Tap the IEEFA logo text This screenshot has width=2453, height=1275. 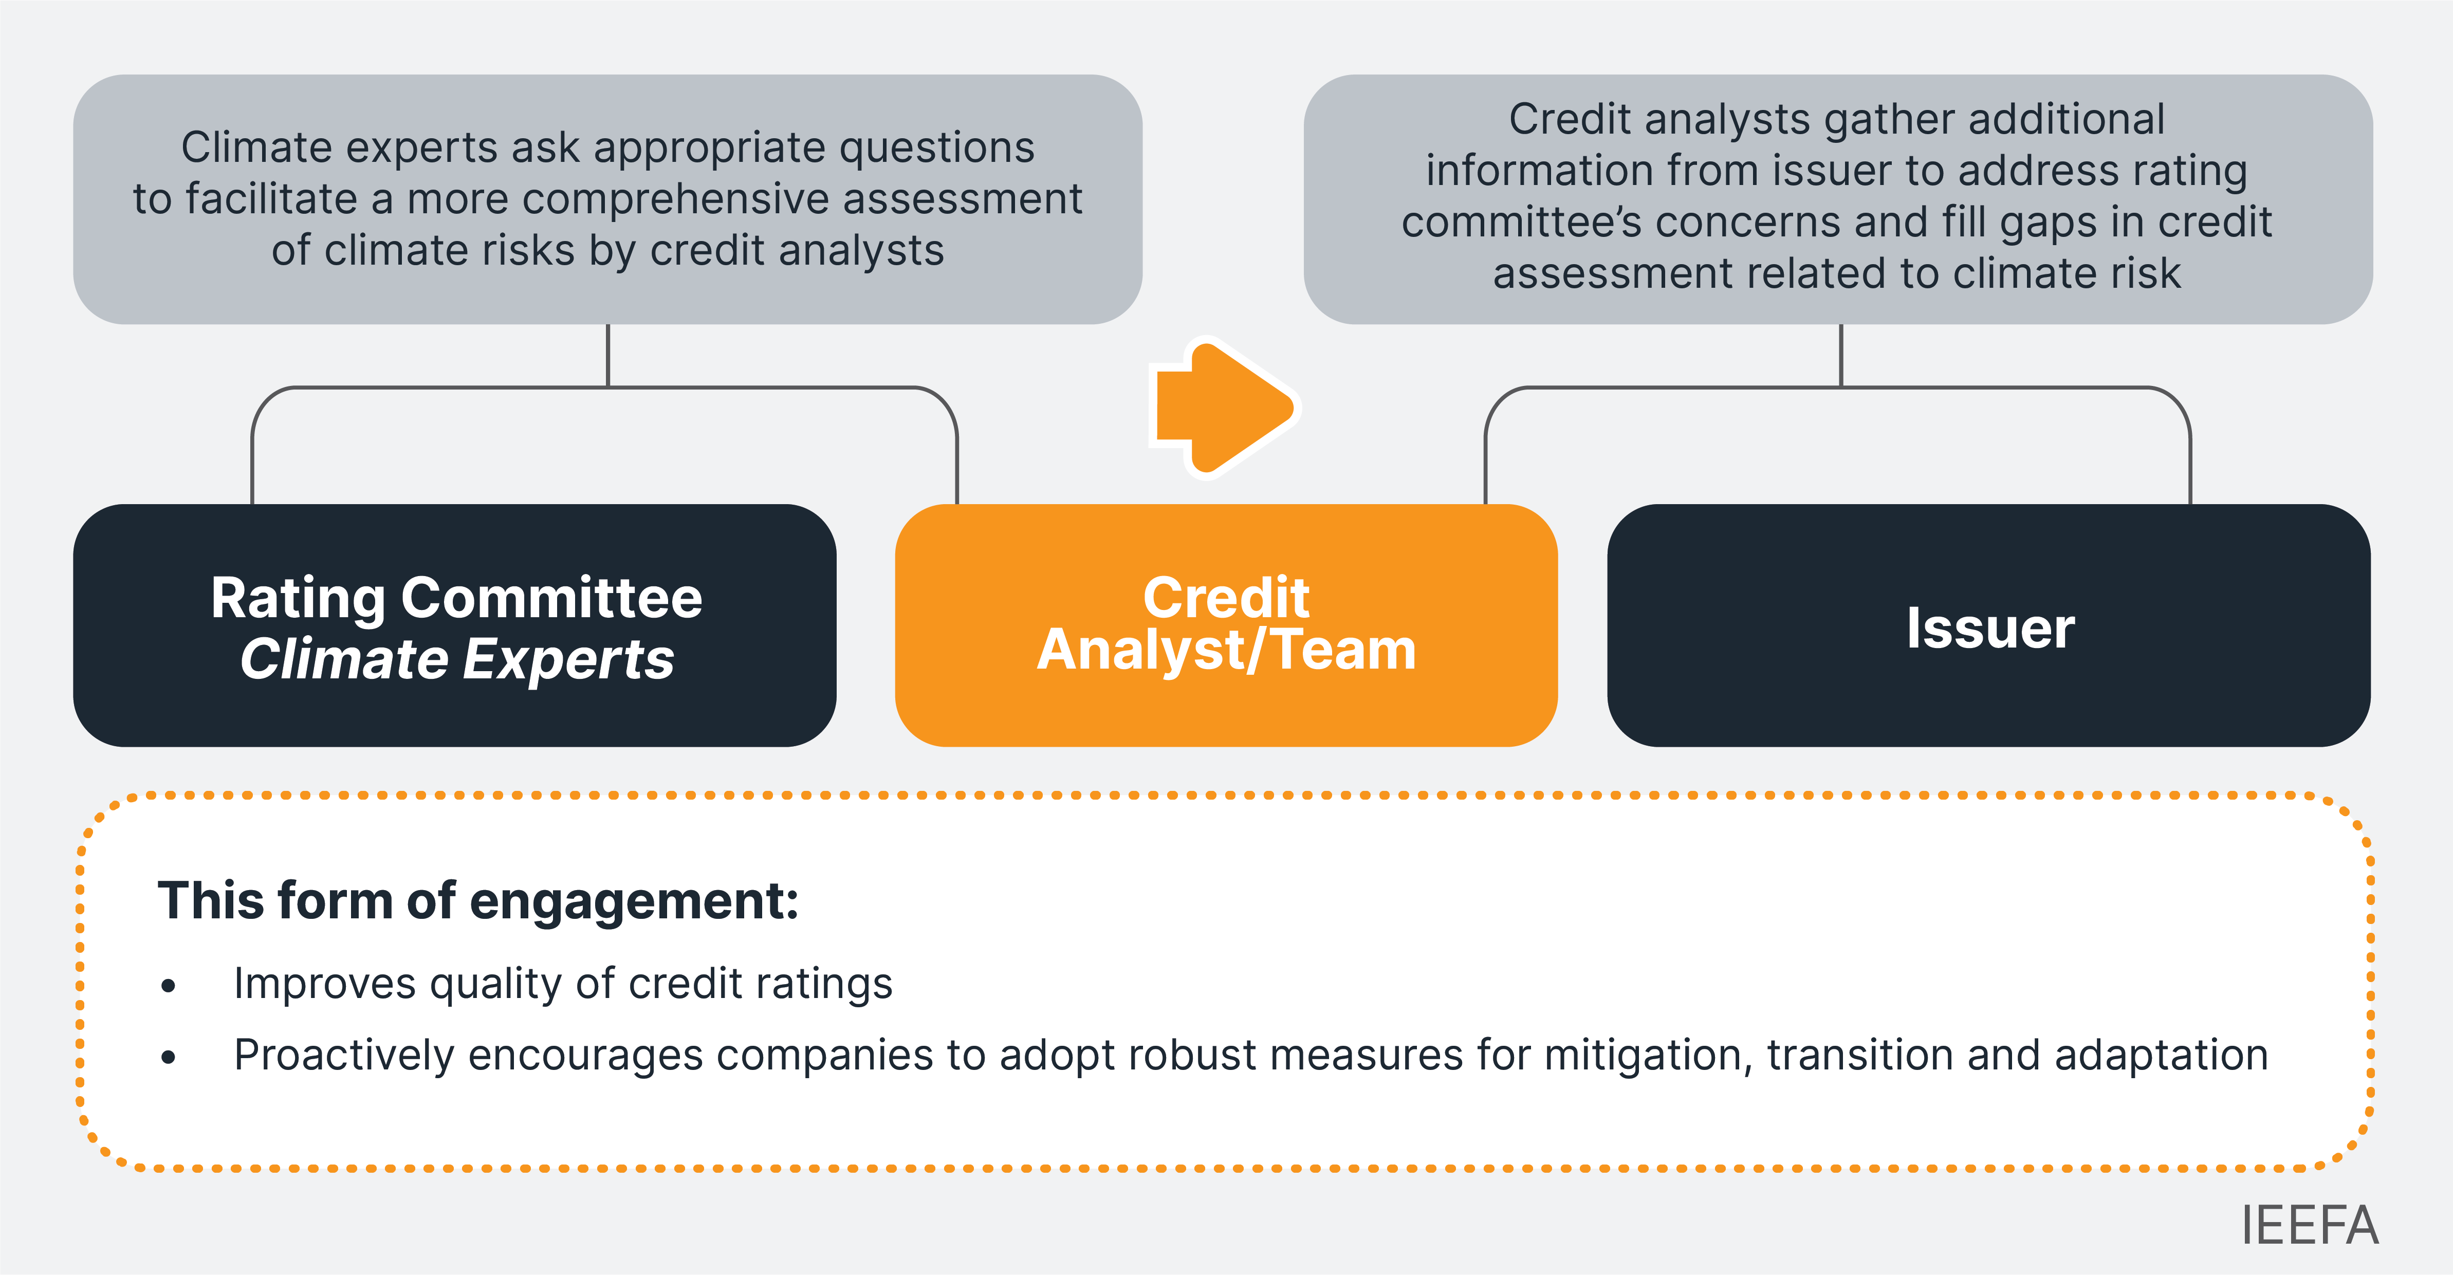(x=2309, y=1226)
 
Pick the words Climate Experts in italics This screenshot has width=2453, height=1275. (x=456, y=659)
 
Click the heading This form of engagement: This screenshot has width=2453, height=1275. (x=478, y=901)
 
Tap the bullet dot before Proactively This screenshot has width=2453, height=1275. (x=169, y=1057)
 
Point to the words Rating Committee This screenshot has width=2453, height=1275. (x=456, y=598)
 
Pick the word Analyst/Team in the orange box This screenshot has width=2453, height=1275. (x=1226, y=651)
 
